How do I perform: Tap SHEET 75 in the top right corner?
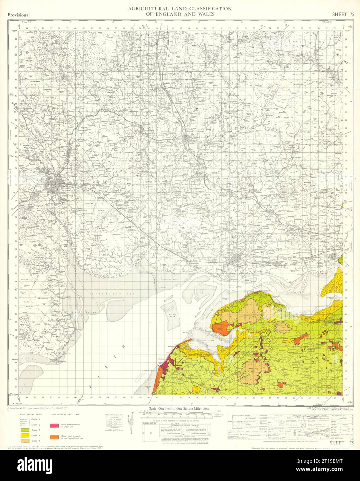pos(343,14)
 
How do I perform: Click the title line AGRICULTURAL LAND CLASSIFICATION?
pos(179,8)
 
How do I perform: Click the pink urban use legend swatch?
pos(55,425)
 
